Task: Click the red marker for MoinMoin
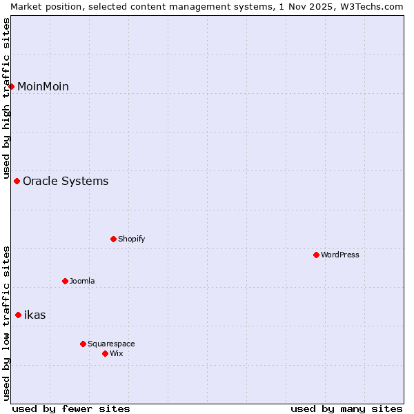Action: (x=12, y=86)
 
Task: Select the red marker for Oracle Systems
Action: (x=17, y=181)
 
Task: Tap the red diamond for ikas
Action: (x=19, y=315)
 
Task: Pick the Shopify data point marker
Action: (x=114, y=239)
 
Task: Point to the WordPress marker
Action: (x=317, y=255)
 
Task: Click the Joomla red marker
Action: (x=66, y=282)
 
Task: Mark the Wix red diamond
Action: (x=106, y=354)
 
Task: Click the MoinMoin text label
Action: (x=43, y=86)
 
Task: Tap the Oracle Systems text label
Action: (x=66, y=181)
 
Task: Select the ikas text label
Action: (x=35, y=315)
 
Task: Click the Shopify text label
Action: (x=132, y=239)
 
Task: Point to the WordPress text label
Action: (x=340, y=255)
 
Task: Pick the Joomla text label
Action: (x=82, y=282)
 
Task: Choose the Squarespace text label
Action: (x=111, y=344)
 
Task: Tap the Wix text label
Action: (x=117, y=354)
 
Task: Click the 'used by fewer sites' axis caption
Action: (x=71, y=408)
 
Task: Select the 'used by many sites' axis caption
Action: (x=346, y=408)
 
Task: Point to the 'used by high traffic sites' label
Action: (x=6, y=97)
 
